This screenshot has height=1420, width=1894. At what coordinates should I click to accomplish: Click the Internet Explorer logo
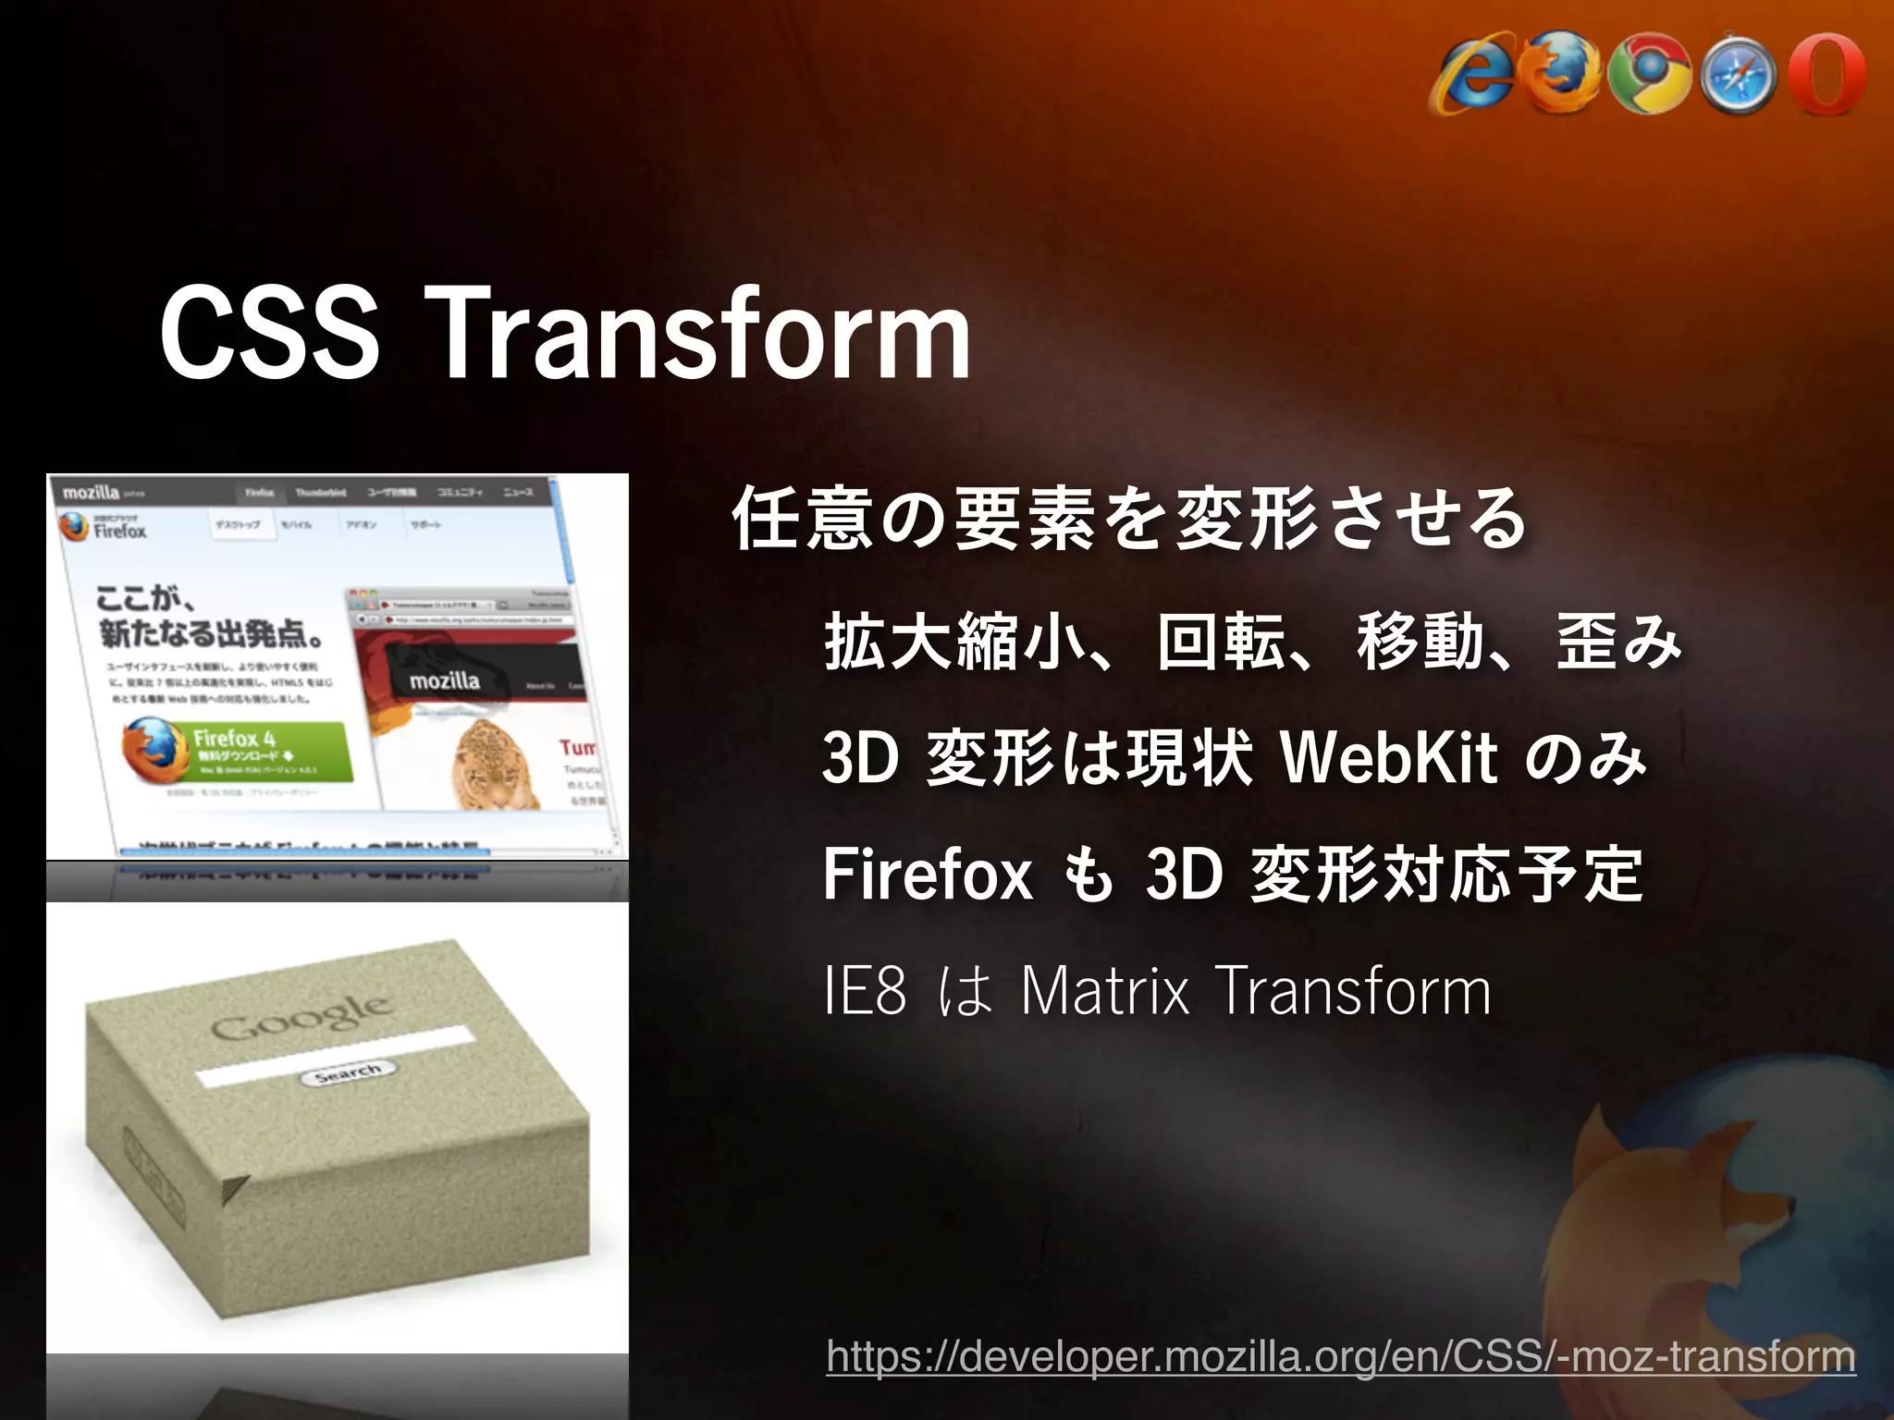1472,76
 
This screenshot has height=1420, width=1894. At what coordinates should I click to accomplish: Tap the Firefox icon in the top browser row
1563,74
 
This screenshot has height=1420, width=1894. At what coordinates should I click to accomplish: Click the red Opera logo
1826,74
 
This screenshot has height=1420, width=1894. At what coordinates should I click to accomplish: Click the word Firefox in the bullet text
927,874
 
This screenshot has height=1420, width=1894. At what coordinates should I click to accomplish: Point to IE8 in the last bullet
865,990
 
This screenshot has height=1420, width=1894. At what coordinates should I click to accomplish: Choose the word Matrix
1105,990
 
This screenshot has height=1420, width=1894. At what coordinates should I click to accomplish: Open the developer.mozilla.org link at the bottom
1341,1356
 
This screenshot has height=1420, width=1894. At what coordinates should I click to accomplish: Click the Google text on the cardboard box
301,1017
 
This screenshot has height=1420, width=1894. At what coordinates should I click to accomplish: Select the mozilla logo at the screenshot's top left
91,492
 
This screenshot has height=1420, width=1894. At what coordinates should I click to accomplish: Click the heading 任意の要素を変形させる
1128,519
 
